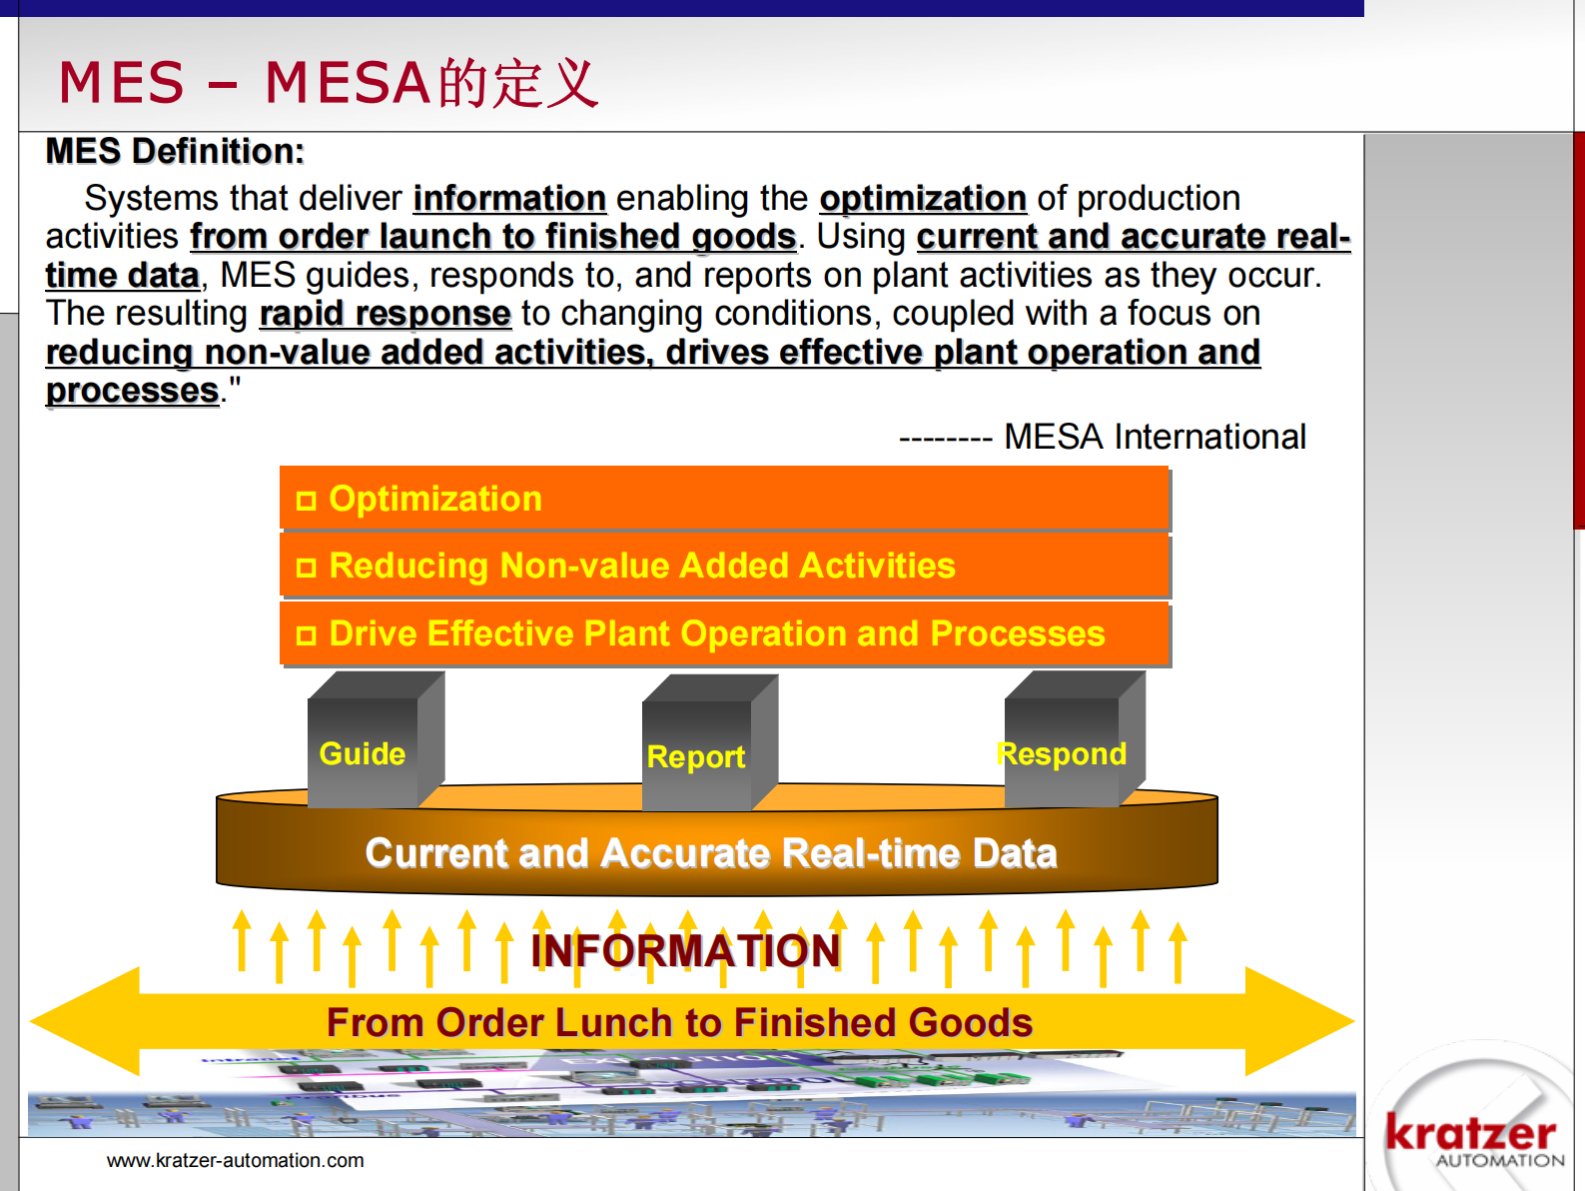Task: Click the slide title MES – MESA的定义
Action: tap(328, 83)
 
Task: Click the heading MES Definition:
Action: tap(175, 152)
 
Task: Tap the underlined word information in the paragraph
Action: tap(509, 199)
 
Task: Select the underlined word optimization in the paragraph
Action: tap(923, 199)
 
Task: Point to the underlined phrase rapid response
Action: tap(385, 314)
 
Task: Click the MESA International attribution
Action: tap(1154, 438)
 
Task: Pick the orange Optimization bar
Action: tap(723, 499)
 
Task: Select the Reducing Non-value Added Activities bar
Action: tap(723, 566)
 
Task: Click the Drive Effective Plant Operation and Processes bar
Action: tap(723, 633)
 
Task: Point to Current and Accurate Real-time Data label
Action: tap(711, 853)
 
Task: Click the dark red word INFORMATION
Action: tap(685, 950)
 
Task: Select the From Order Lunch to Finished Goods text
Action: tap(679, 1023)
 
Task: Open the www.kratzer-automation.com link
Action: tap(236, 1161)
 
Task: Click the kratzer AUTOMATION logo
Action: tap(1472, 1139)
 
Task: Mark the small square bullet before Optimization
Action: tap(307, 501)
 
